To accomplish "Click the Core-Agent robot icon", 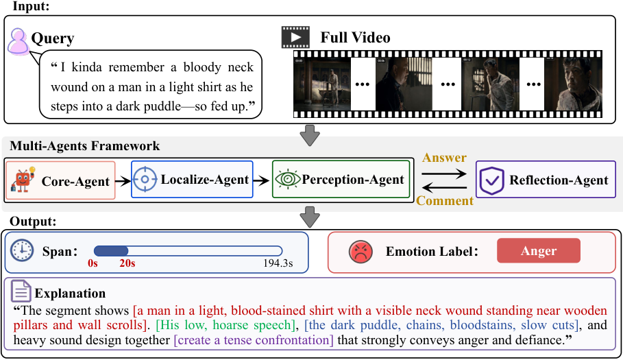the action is click(23, 180).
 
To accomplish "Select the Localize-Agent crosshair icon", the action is click(145, 180).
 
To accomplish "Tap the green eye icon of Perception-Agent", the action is click(288, 179).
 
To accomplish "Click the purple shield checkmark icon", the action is click(491, 180).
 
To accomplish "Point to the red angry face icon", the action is click(361, 252).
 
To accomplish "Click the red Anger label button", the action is click(539, 250).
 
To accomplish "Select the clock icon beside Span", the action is click(22, 250).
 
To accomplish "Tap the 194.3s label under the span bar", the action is click(278, 263).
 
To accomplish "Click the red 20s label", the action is click(127, 263).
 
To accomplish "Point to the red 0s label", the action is click(93, 263).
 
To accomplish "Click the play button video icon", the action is click(295, 37).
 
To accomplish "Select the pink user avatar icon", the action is click(19, 41).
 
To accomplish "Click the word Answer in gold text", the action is click(444, 158).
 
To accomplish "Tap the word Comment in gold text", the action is click(445, 201).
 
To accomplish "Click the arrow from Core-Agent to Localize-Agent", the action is click(123, 181).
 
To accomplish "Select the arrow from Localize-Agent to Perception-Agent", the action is click(261, 181).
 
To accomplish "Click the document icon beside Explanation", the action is click(21, 291).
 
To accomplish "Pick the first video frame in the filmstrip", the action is click(322, 84).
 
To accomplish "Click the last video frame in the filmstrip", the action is click(574, 84).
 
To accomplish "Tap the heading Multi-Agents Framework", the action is click(84, 146).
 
